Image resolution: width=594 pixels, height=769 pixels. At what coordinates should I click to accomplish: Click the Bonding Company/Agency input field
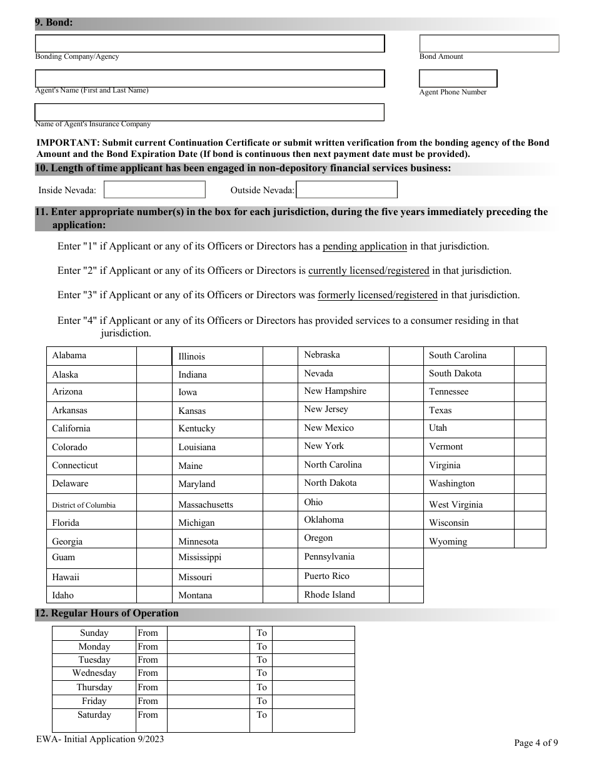click(209, 43)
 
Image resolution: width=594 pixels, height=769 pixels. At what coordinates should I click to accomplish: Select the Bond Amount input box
click(489, 43)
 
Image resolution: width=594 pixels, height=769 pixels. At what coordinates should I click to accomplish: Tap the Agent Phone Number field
click(458, 78)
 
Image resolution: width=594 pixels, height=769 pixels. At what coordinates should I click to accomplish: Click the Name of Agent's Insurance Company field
click(209, 112)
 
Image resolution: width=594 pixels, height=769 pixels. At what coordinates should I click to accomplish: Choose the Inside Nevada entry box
click(154, 189)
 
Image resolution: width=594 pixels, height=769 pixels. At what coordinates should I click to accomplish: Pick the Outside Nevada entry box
click(346, 189)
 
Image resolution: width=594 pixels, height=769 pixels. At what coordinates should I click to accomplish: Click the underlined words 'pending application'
click(365, 246)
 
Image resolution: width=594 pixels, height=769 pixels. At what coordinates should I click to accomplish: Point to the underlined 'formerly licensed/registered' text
click(378, 295)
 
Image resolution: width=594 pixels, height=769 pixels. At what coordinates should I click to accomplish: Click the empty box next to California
click(154, 429)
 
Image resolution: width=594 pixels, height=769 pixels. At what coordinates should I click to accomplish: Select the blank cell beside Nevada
click(406, 374)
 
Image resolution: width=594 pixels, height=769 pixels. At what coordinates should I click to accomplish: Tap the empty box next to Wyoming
click(530, 540)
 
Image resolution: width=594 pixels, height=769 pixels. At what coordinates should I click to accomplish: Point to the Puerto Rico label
click(327, 576)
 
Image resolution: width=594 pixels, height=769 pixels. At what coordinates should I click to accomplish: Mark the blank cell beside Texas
click(530, 410)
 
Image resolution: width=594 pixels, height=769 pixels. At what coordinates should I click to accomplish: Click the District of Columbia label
click(84, 505)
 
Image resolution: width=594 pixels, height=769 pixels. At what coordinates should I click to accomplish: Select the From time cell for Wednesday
click(208, 673)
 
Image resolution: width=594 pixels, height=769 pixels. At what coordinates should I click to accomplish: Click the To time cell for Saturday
click(313, 720)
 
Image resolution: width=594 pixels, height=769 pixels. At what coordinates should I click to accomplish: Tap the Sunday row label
click(94, 633)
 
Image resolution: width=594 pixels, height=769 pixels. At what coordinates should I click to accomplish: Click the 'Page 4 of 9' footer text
click(536, 743)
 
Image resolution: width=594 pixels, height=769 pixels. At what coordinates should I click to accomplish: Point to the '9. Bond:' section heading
click(54, 23)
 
